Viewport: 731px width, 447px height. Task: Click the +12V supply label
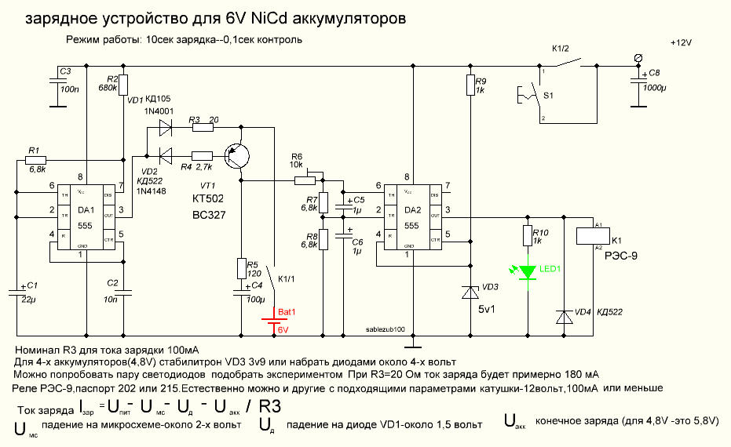click(x=682, y=42)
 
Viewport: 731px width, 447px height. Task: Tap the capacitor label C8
click(x=654, y=73)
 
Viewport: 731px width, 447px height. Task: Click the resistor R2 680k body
click(x=124, y=85)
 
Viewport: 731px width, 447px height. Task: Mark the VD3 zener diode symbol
click(x=470, y=292)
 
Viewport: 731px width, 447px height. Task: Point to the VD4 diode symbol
click(x=563, y=316)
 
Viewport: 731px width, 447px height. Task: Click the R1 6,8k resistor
click(x=37, y=159)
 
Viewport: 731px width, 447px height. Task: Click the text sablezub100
click(x=386, y=330)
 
